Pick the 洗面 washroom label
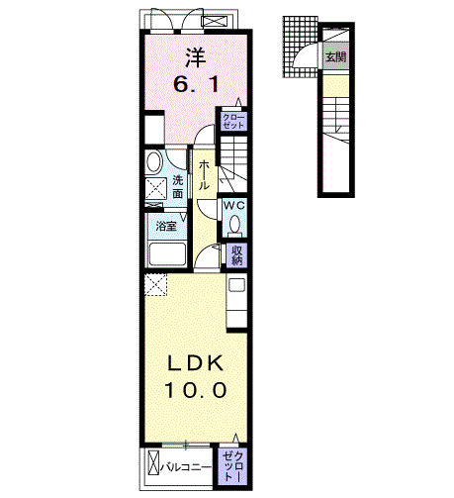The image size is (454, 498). [x=178, y=187]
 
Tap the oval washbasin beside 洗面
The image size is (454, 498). [x=154, y=162]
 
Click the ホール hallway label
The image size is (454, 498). [x=203, y=176]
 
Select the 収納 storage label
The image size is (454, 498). [x=237, y=255]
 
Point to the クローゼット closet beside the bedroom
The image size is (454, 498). [x=234, y=123]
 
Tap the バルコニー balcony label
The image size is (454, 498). [x=185, y=463]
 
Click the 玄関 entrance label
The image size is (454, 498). [x=334, y=57]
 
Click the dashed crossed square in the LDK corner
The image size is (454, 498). [x=154, y=286]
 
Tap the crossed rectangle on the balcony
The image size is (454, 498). [x=153, y=462]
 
